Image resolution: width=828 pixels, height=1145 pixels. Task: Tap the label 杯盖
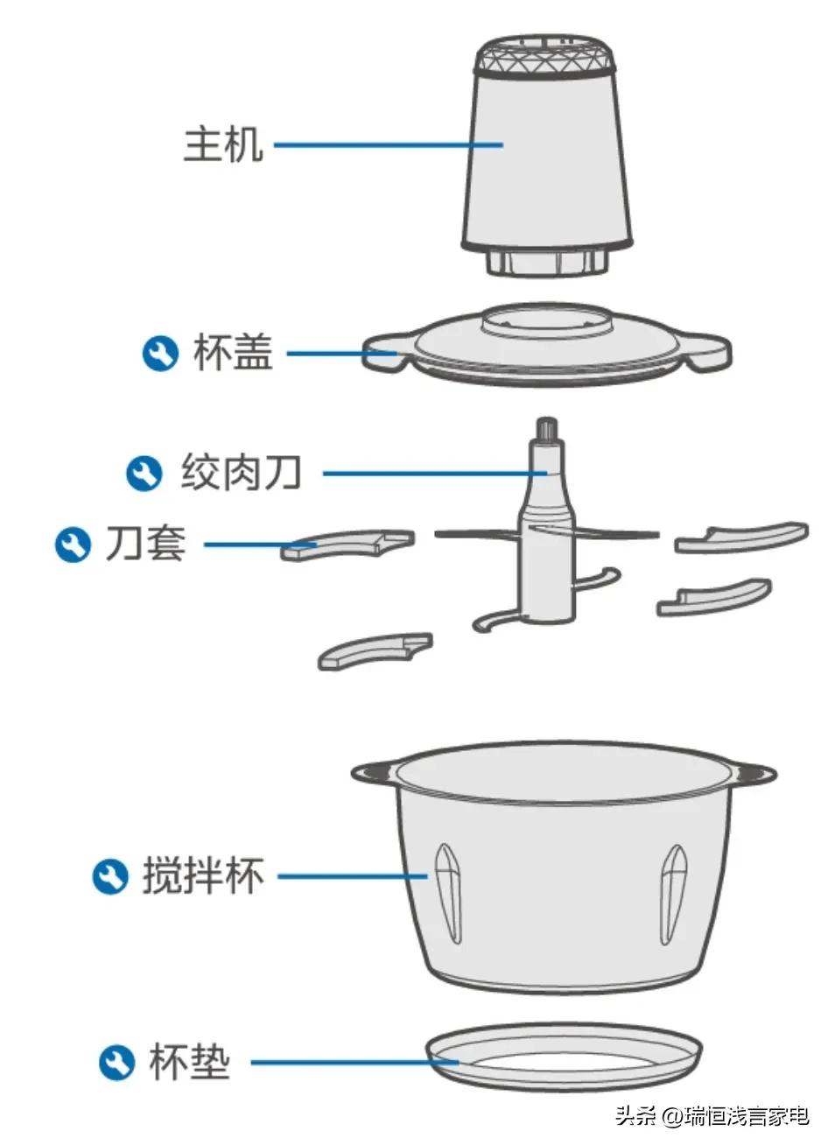[232, 353]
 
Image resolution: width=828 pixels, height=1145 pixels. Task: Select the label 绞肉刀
[242, 473]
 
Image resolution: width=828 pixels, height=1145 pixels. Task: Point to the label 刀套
[145, 544]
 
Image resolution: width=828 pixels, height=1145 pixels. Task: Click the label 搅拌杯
[203, 876]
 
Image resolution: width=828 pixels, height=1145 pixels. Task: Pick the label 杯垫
[189, 1062]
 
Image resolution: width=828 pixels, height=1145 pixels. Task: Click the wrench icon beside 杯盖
[160, 354]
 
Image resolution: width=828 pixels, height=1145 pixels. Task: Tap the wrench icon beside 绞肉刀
[144, 474]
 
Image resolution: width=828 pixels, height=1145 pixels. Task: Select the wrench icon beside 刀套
[73, 544]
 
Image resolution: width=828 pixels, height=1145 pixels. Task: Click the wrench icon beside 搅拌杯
[110, 876]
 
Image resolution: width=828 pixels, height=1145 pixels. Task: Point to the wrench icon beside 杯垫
[116, 1063]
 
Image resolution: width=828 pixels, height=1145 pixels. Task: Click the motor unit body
[546, 158]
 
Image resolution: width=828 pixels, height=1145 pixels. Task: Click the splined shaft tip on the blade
[548, 430]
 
